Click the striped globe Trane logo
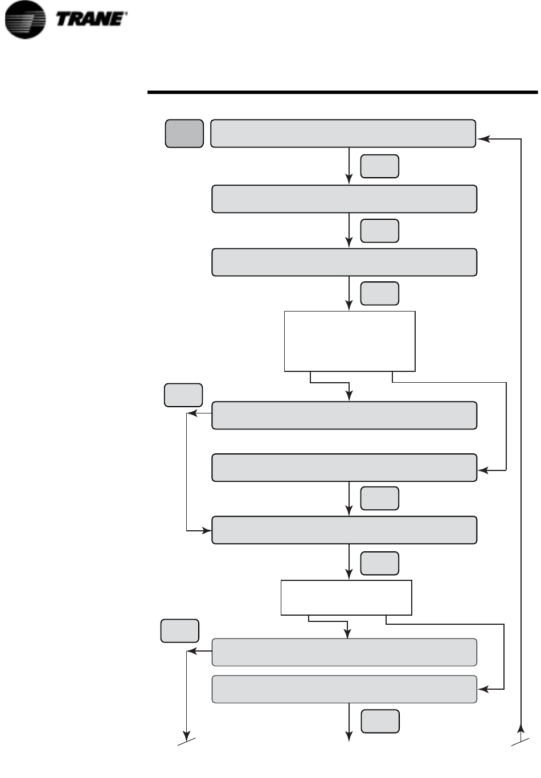[24, 20]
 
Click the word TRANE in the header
[91, 19]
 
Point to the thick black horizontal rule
[342, 92]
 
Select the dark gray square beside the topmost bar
[184, 133]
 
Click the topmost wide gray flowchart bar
[343, 133]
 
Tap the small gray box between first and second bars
[379, 166]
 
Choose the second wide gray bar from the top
[344, 199]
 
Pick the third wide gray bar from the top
[344, 262]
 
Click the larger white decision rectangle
[350, 341]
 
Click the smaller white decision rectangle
[346, 597]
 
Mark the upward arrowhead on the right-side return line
[520, 729]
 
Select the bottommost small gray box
[380, 721]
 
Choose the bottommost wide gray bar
[344, 689]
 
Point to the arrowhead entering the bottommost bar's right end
[482, 689]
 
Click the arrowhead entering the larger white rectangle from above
[349, 306]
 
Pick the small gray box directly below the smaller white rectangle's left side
[180, 631]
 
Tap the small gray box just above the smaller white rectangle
[379, 563]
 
